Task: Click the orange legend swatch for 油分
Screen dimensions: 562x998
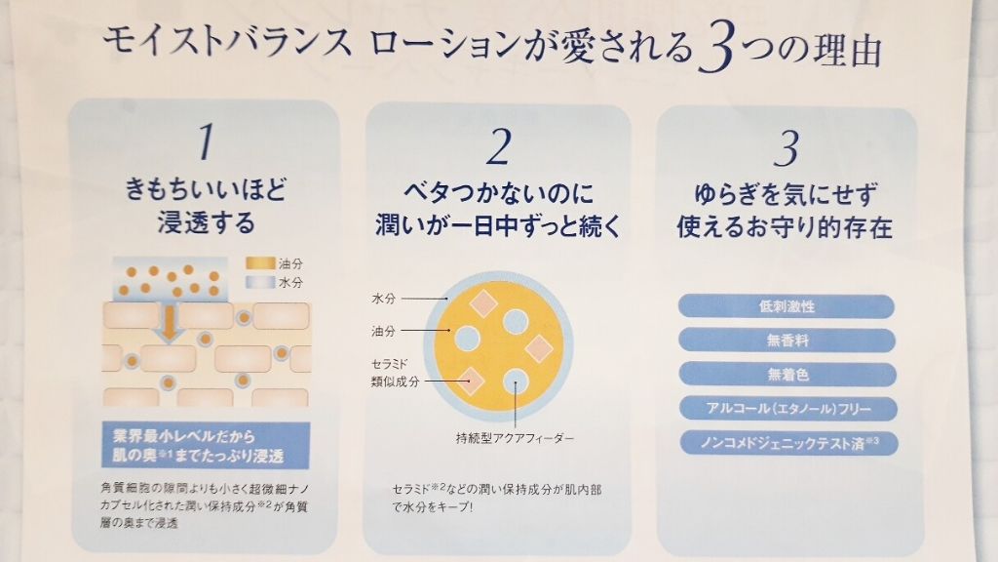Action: [258, 262]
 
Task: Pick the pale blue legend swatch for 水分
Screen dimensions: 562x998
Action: [258, 281]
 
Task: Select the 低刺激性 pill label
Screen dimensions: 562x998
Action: [786, 306]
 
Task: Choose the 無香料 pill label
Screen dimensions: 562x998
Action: [786, 341]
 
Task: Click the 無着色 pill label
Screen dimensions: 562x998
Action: [786, 374]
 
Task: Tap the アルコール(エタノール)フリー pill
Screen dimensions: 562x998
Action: [786, 408]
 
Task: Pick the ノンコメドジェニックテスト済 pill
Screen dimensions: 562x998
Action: [786, 442]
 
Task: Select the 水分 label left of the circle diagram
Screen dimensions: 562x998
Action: [383, 297]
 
